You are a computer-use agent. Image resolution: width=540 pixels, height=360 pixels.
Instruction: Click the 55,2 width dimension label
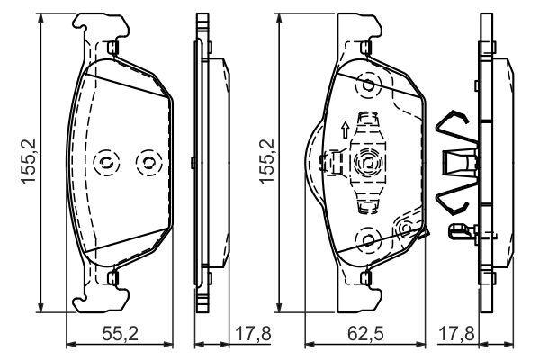tap(121, 334)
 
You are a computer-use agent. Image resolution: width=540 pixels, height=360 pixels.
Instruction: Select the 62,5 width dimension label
tap(365, 334)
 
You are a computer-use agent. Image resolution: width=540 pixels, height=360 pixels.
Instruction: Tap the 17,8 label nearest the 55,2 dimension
tap(253, 334)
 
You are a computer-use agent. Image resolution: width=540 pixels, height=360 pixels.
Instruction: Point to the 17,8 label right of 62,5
tap(456, 334)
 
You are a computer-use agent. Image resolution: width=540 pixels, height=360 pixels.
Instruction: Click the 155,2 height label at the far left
tap(29, 162)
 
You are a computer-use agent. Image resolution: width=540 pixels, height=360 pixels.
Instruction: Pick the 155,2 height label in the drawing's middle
tap(267, 162)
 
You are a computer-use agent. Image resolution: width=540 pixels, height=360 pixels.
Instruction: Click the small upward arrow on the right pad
tap(345, 130)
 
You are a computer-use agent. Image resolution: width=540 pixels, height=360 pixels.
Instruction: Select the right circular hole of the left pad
tap(148, 162)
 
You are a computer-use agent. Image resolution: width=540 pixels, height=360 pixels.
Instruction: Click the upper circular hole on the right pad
tap(368, 85)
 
